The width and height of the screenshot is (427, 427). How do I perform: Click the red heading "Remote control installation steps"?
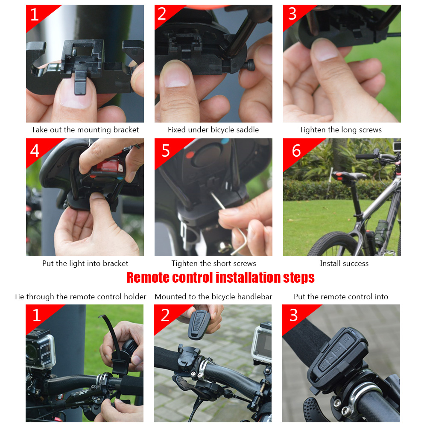220,278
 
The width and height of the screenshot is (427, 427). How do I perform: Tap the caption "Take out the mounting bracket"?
85,130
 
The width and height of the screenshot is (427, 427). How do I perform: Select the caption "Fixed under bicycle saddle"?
213,130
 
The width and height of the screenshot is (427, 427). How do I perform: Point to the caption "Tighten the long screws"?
340,130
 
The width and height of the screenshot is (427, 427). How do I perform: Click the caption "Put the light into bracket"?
85,263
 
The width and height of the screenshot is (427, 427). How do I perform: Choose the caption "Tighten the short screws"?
213,263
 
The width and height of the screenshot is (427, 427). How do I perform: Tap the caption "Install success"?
344,263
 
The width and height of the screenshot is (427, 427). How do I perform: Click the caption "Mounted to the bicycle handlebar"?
213,297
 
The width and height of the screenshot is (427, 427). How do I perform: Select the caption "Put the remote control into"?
341,297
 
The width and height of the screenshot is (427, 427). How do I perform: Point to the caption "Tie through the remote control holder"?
80,297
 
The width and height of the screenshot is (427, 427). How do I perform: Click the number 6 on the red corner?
296,151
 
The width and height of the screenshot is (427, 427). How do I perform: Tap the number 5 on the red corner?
166,151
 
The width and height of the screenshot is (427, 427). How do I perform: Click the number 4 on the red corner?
35,151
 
